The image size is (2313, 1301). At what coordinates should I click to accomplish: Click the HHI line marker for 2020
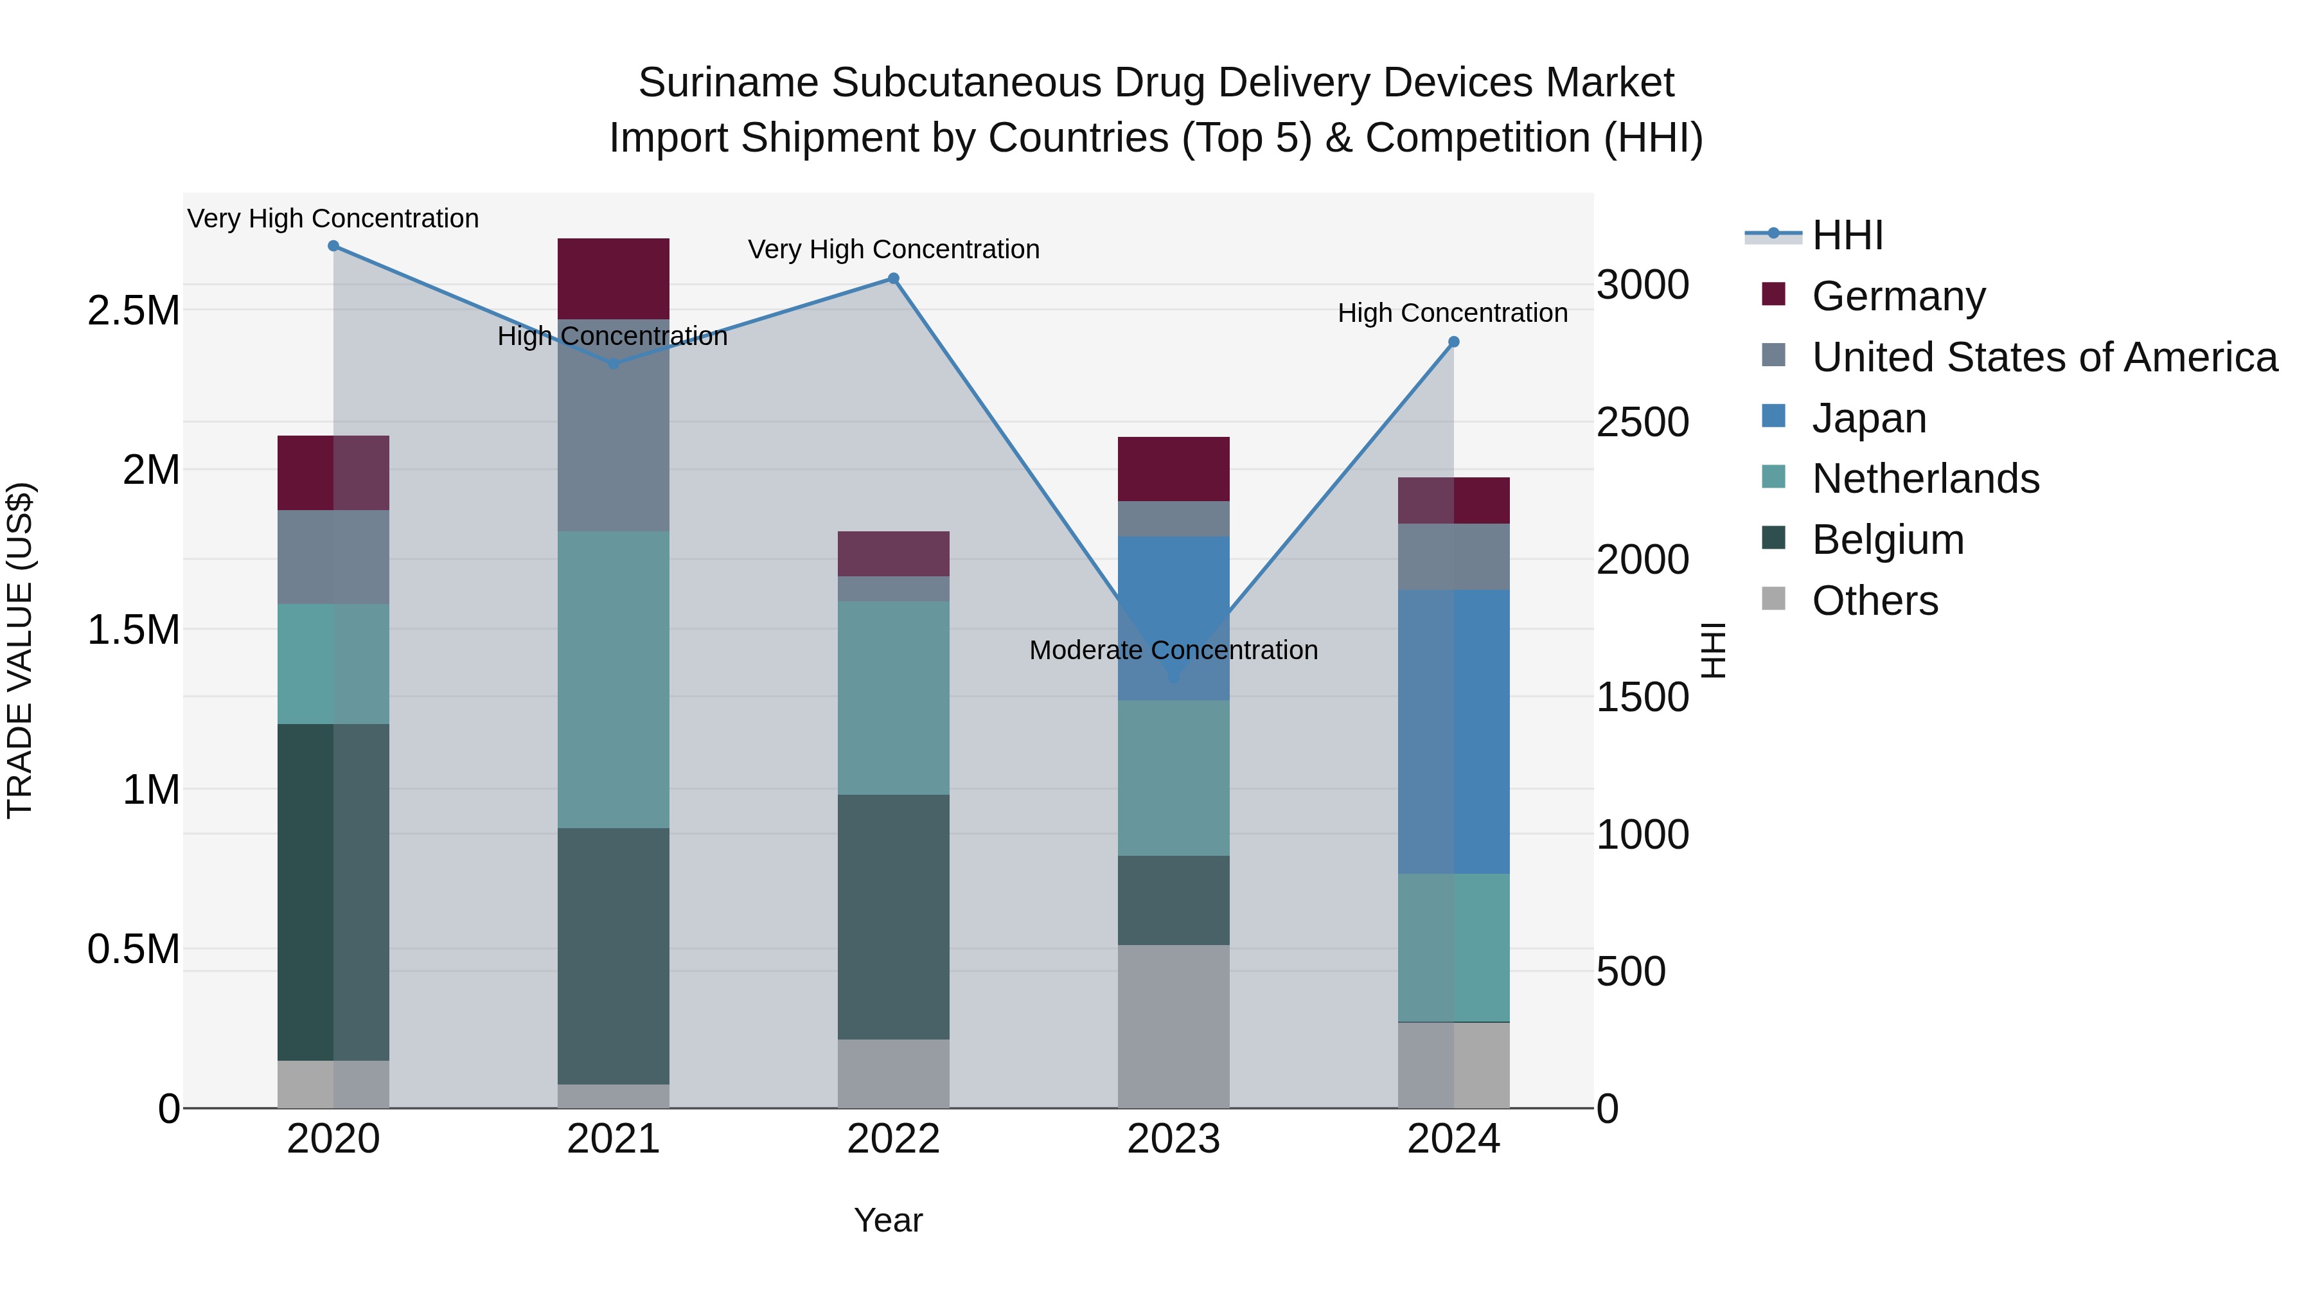pyautogui.click(x=333, y=246)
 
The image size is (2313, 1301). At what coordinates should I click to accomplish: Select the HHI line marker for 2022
pyautogui.click(x=894, y=278)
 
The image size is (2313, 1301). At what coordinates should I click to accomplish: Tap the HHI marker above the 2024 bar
pyautogui.click(x=1454, y=342)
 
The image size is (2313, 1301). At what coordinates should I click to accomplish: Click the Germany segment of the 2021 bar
pyautogui.click(x=614, y=278)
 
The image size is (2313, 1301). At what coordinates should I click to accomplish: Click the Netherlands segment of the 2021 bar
pyautogui.click(x=614, y=679)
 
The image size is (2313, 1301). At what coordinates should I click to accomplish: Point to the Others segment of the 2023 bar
pyautogui.click(x=1174, y=1025)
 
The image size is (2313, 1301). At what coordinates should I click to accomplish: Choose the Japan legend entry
pyautogui.click(x=1868, y=418)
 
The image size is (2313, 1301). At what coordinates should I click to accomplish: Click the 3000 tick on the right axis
pyautogui.click(x=1642, y=285)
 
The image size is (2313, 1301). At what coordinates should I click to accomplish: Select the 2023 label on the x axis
pyautogui.click(x=1174, y=1139)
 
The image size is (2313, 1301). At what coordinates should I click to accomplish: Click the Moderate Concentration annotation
pyautogui.click(x=1174, y=650)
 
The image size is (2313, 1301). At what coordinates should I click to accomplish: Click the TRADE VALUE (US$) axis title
pyautogui.click(x=20, y=650)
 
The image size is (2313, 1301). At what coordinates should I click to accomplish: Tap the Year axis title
pyautogui.click(x=888, y=1220)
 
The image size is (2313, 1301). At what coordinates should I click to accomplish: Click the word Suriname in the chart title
pyautogui.click(x=728, y=83)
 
